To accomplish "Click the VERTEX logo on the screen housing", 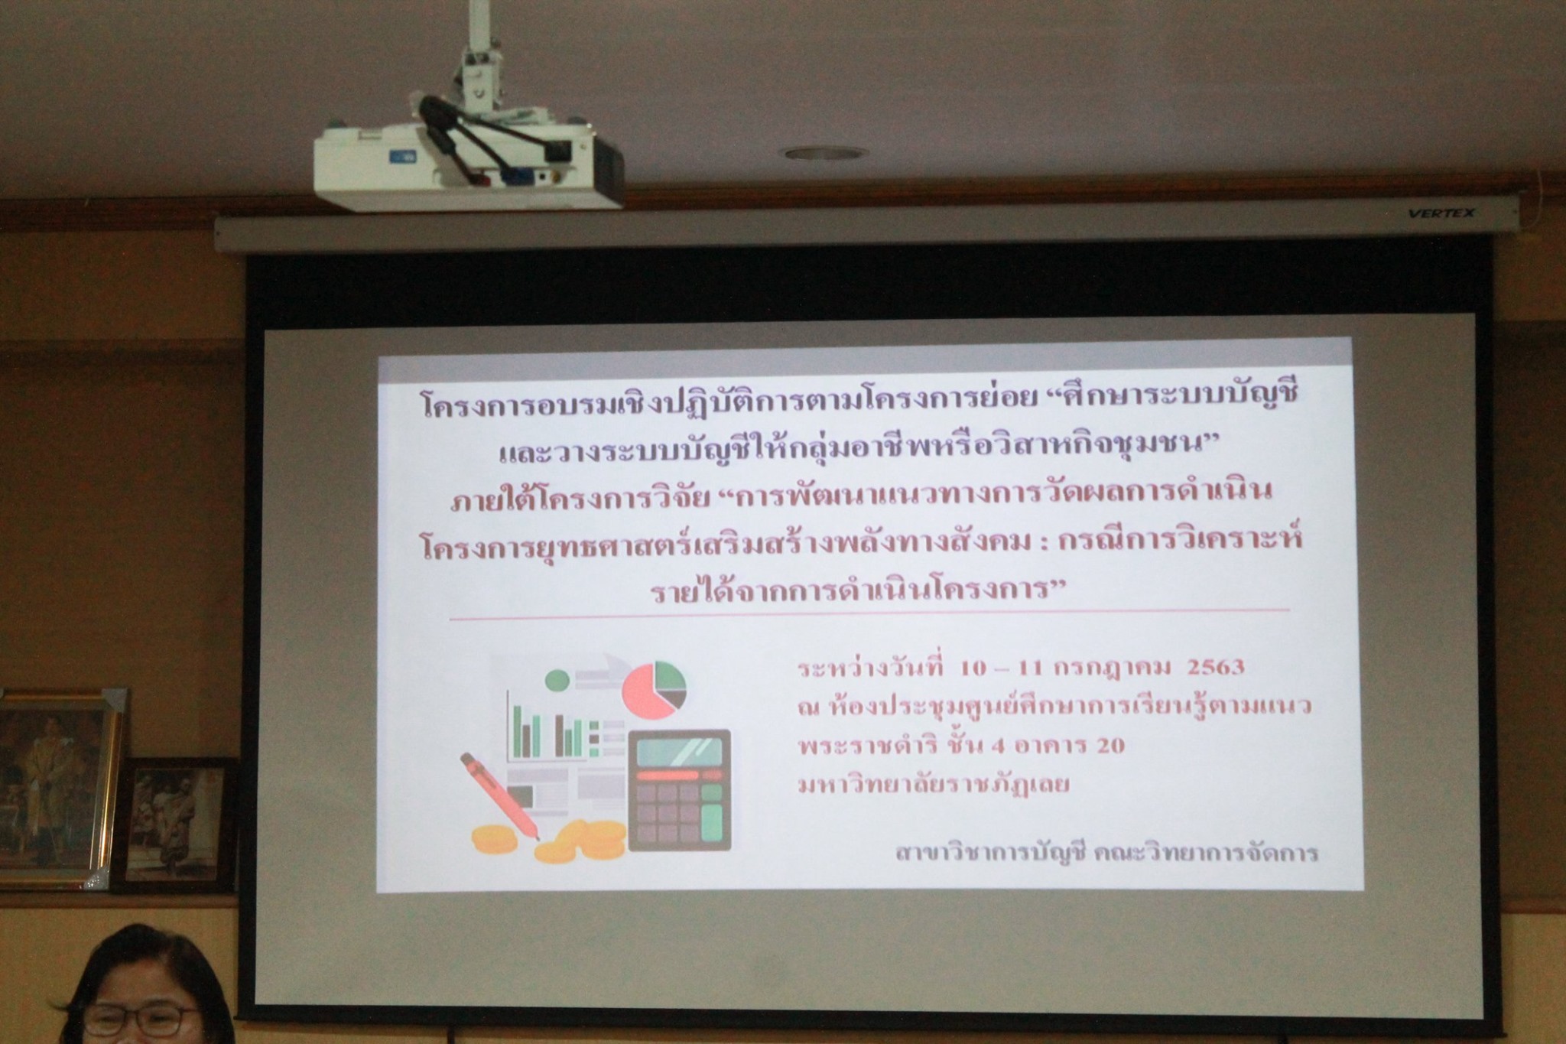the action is pyautogui.click(x=1441, y=213).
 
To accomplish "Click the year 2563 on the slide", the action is pyautogui.click(x=1215, y=667).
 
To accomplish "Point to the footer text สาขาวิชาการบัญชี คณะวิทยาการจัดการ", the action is pyautogui.click(x=1106, y=851).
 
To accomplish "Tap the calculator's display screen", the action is pyautogui.click(x=679, y=751).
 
